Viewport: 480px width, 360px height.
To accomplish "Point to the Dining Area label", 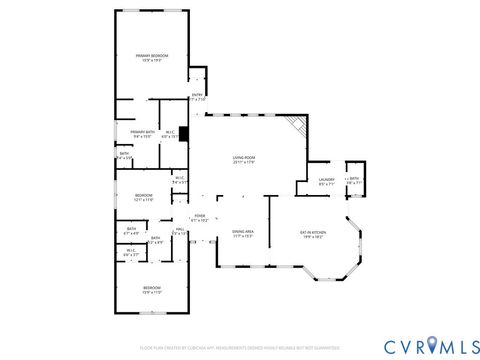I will (x=243, y=232).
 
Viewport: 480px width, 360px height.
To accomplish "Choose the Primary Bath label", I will (x=141, y=132).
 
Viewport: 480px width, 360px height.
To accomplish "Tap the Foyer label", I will (x=200, y=216).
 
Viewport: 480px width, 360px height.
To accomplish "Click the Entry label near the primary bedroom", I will (x=197, y=96).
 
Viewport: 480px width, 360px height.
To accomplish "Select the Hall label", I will (x=179, y=231).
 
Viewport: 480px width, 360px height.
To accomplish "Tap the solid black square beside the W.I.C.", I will (x=183, y=144).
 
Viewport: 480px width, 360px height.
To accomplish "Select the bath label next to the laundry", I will (x=353, y=180).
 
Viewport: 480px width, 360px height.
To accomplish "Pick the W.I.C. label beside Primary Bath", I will (x=170, y=134).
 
